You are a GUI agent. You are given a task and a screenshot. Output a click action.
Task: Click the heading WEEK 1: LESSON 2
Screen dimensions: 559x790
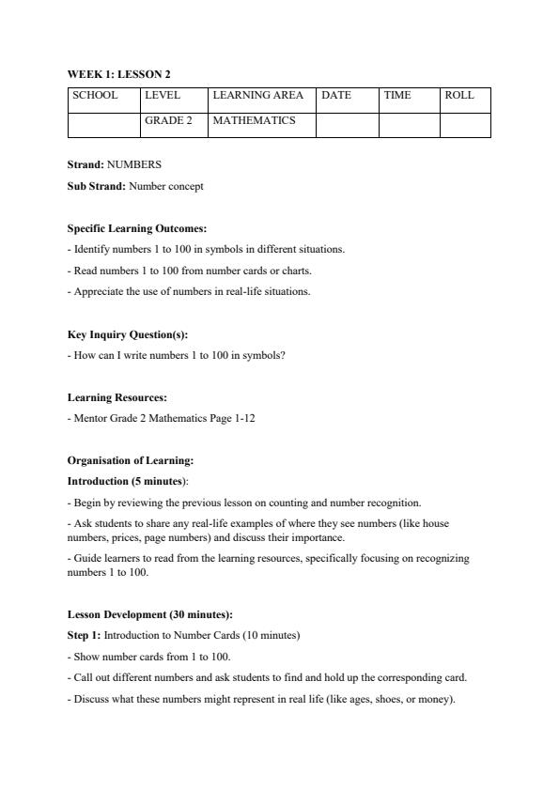[118, 73]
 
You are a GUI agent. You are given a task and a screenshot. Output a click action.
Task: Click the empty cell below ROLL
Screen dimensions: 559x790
[465, 125]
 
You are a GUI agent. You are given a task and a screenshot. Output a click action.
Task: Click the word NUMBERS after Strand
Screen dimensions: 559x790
[134, 164]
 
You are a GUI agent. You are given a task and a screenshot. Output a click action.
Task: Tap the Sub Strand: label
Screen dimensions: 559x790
[97, 186]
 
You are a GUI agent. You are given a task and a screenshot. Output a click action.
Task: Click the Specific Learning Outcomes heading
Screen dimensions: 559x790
[137, 228]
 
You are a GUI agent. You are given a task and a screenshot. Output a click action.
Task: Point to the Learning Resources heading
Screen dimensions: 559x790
[116, 397]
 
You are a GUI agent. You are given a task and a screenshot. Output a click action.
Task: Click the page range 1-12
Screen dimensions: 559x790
[243, 419]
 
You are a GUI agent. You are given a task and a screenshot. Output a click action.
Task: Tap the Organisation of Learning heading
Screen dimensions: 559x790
[131, 461]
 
